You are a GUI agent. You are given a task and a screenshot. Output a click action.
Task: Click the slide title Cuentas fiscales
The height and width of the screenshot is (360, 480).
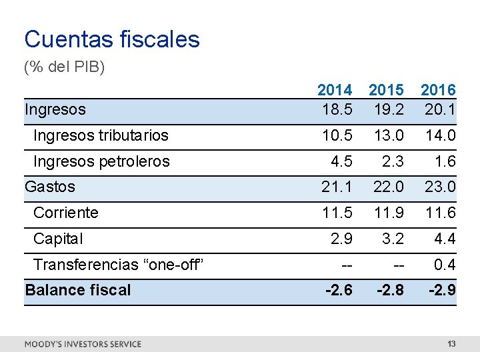tap(112, 39)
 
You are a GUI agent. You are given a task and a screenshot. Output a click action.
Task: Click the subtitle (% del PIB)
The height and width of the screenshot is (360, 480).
tap(64, 68)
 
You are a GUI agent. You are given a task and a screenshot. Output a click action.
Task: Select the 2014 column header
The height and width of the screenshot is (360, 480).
tap(335, 89)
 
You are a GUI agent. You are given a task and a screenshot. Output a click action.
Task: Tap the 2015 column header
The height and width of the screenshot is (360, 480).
tap(387, 89)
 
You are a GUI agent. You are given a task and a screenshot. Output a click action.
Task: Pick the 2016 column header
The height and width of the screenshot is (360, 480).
tap(439, 89)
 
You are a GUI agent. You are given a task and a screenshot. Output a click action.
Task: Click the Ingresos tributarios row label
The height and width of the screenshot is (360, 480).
tap(101, 136)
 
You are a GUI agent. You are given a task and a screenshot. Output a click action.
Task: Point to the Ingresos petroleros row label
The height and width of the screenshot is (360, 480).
tap(101, 161)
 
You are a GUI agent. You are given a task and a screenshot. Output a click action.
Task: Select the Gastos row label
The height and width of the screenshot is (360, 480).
tap(50, 187)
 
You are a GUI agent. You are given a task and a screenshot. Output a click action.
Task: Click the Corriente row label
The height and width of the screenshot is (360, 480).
tap(65, 213)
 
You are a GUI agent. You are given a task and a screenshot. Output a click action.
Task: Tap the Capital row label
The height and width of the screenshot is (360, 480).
tap(58, 239)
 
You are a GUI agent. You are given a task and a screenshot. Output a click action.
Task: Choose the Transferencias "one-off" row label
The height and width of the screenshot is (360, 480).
tap(117, 265)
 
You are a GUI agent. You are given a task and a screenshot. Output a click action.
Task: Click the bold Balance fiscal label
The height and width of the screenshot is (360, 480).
tap(77, 290)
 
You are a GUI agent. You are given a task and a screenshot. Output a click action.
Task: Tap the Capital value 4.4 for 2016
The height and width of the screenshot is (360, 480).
tap(444, 239)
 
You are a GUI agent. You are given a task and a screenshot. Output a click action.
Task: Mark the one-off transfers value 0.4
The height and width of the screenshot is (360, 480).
tap(444, 265)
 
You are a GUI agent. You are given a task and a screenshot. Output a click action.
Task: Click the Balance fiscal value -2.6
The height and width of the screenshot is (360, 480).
tap(339, 290)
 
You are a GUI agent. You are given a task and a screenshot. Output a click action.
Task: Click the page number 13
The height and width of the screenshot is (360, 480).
tap(451, 344)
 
